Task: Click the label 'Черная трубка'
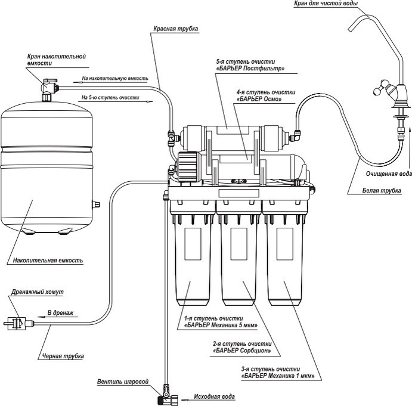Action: pos(63,356)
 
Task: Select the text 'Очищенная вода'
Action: pos(389,174)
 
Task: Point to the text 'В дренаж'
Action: pos(60,312)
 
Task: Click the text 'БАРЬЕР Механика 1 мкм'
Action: pos(278,377)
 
